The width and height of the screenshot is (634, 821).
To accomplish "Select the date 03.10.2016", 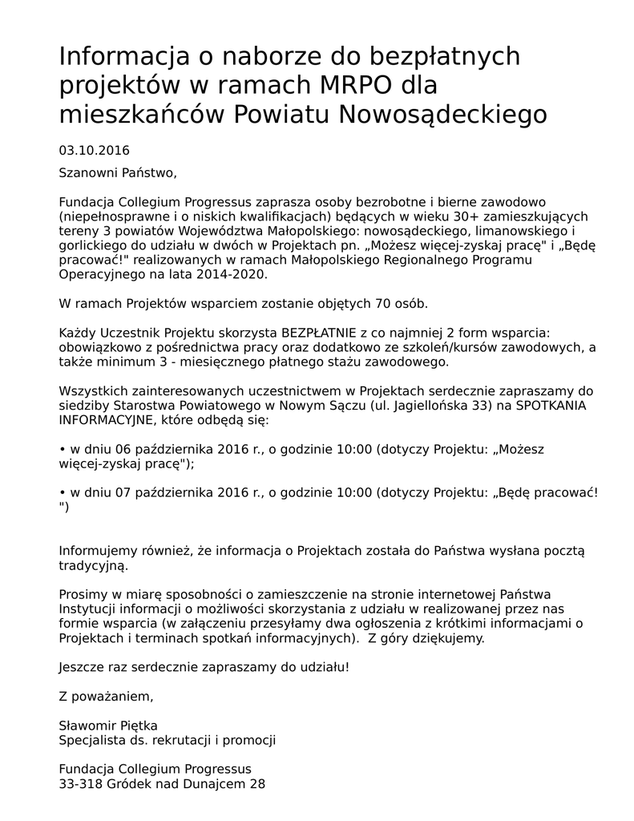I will pos(94,150).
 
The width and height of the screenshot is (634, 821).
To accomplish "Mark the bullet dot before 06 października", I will pos(63,450).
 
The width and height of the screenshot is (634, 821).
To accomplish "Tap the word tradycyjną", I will pos(93,565).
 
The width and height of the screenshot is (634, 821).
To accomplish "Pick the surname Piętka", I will pos(139,726).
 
